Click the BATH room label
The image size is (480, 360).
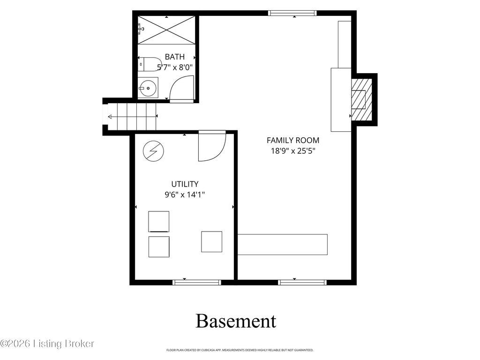pyautogui.click(x=175, y=57)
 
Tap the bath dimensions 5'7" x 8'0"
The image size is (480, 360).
pyautogui.click(x=175, y=67)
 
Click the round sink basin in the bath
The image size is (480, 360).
pyautogui.click(x=148, y=88)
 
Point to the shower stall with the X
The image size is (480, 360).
pyautogui.click(x=166, y=30)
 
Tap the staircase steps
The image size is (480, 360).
pyautogui.click(x=136, y=117)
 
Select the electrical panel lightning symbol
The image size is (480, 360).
pyautogui.click(x=153, y=151)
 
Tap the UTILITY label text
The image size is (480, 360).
pyautogui.click(x=185, y=184)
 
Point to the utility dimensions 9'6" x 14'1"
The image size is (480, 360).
pyautogui.click(x=185, y=195)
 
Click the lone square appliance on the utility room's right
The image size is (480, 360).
pyautogui.click(x=211, y=241)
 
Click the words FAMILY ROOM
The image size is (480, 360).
pyautogui.click(x=293, y=140)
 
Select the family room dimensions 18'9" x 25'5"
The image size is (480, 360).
pyautogui.click(x=293, y=151)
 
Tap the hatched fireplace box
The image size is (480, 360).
pyautogui.click(x=361, y=99)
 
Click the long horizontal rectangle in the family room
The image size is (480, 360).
pyautogui.click(x=283, y=245)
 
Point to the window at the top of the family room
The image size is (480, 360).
pyautogui.click(x=292, y=13)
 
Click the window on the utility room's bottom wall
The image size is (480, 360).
pyautogui.click(x=196, y=282)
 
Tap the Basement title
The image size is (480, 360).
pyautogui.click(x=236, y=321)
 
